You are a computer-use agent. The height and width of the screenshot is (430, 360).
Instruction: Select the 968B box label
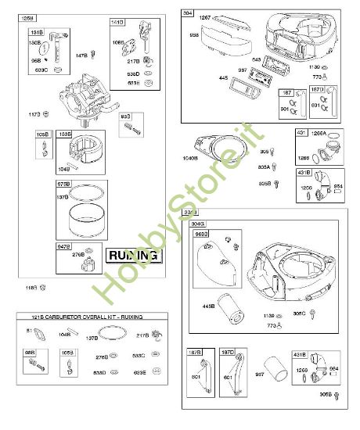pos(201,233)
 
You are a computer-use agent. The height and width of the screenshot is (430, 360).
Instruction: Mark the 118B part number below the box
pos(32,288)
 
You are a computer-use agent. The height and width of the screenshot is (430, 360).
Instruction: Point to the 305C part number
pos(299,313)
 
